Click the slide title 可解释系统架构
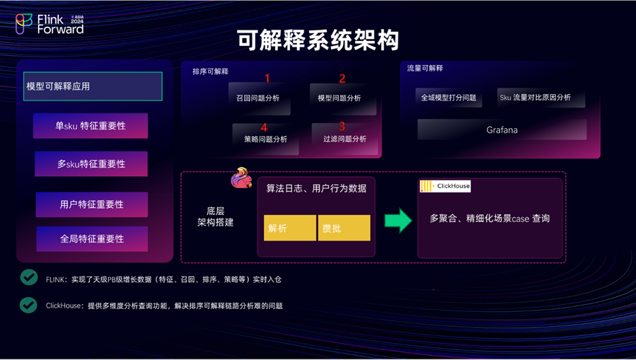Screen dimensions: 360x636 point(318,40)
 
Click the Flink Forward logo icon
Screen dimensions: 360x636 point(24,23)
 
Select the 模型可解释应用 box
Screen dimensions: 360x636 point(93,86)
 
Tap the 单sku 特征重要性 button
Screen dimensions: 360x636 point(91,126)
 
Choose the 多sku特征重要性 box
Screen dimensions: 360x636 point(91,164)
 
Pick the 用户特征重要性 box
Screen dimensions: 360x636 point(92,204)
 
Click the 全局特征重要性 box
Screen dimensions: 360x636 point(92,239)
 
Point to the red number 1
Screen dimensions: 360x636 point(267,78)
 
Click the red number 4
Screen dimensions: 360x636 point(264,128)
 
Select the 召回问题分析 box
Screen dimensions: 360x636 point(258,98)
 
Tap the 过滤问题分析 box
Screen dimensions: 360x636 point(345,139)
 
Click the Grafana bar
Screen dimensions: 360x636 point(502,130)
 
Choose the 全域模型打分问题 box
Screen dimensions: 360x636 point(449,98)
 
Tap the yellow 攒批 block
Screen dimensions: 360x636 point(344,228)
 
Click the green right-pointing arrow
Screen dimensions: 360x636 point(398,221)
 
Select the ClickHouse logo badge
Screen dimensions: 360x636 point(445,186)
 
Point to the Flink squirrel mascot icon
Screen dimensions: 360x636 point(241,179)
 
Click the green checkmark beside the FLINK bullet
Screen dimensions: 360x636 point(29,277)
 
